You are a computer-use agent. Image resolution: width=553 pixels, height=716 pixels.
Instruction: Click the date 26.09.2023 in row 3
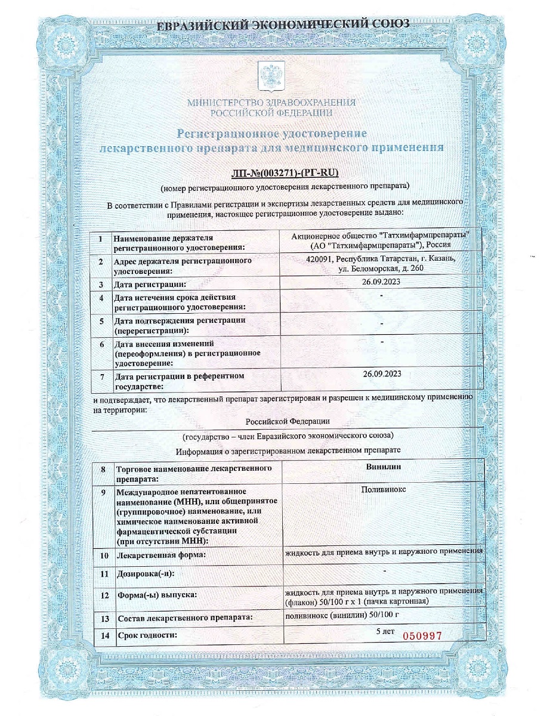(x=382, y=283)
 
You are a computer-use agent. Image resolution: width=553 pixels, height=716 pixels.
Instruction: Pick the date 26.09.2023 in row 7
(x=382, y=374)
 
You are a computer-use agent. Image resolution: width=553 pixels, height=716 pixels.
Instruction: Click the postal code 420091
(x=317, y=260)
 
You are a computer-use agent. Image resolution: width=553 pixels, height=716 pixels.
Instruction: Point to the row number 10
(x=104, y=555)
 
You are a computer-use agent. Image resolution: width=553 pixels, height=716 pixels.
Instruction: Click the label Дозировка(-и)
(x=149, y=575)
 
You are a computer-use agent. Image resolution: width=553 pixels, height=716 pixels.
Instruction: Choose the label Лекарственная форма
(x=160, y=555)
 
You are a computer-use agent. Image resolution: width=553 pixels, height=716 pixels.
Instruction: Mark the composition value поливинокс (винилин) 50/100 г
(x=341, y=616)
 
